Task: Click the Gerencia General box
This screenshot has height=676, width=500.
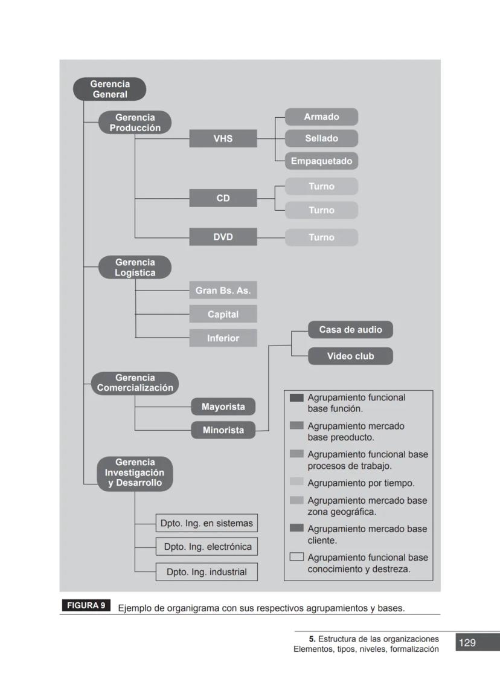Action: point(109,89)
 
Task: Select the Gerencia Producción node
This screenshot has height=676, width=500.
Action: point(135,123)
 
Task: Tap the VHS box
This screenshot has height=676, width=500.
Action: point(223,138)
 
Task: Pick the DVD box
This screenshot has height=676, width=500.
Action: point(223,237)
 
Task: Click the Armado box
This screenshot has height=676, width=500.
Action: point(321,117)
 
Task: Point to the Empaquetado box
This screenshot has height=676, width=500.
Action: point(321,161)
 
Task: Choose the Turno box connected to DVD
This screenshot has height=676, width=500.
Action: point(321,237)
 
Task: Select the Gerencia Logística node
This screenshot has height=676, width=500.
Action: point(135,267)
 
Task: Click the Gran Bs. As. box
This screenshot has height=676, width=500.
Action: point(223,291)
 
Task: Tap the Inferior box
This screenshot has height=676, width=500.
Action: point(223,338)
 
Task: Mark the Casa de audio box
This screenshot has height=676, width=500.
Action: point(350,330)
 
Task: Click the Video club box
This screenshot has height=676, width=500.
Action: point(350,356)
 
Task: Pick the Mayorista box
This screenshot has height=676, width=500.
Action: point(223,407)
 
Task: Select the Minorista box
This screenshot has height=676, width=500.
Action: point(223,431)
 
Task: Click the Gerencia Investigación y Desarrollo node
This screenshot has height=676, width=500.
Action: point(135,472)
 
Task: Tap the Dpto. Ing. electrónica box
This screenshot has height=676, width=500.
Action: point(207,547)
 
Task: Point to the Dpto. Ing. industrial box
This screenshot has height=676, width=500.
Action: point(207,572)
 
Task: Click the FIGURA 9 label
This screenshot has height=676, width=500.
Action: point(85,605)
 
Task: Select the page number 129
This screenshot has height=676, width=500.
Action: point(467,643)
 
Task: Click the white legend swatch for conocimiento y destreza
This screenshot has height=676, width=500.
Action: point(296,557)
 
